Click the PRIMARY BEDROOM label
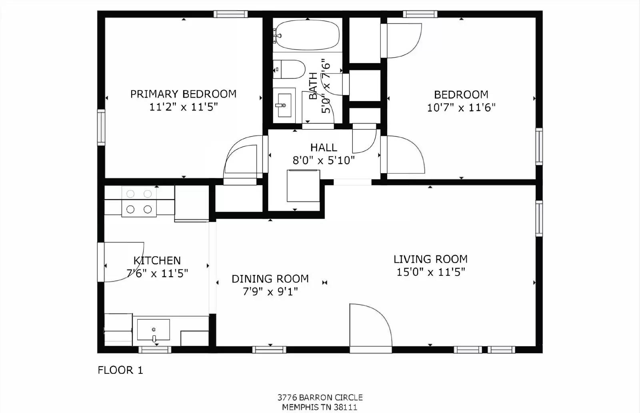coord(183,94)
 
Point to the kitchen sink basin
coord(153,330)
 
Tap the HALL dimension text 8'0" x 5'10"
coord(324,161)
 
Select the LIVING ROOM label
coord(430,259)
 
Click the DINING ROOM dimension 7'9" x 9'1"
coord(270,291)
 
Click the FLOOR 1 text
coord(120,370)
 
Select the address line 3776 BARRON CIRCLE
coord(320,397)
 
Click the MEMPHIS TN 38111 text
coord(320,407)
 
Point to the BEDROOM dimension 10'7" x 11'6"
coord(461,108)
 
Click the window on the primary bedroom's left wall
coord(101,127)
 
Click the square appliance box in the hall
coord(303,186)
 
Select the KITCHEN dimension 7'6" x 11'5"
coord(157,273)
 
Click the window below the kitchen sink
coord(154,350)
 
